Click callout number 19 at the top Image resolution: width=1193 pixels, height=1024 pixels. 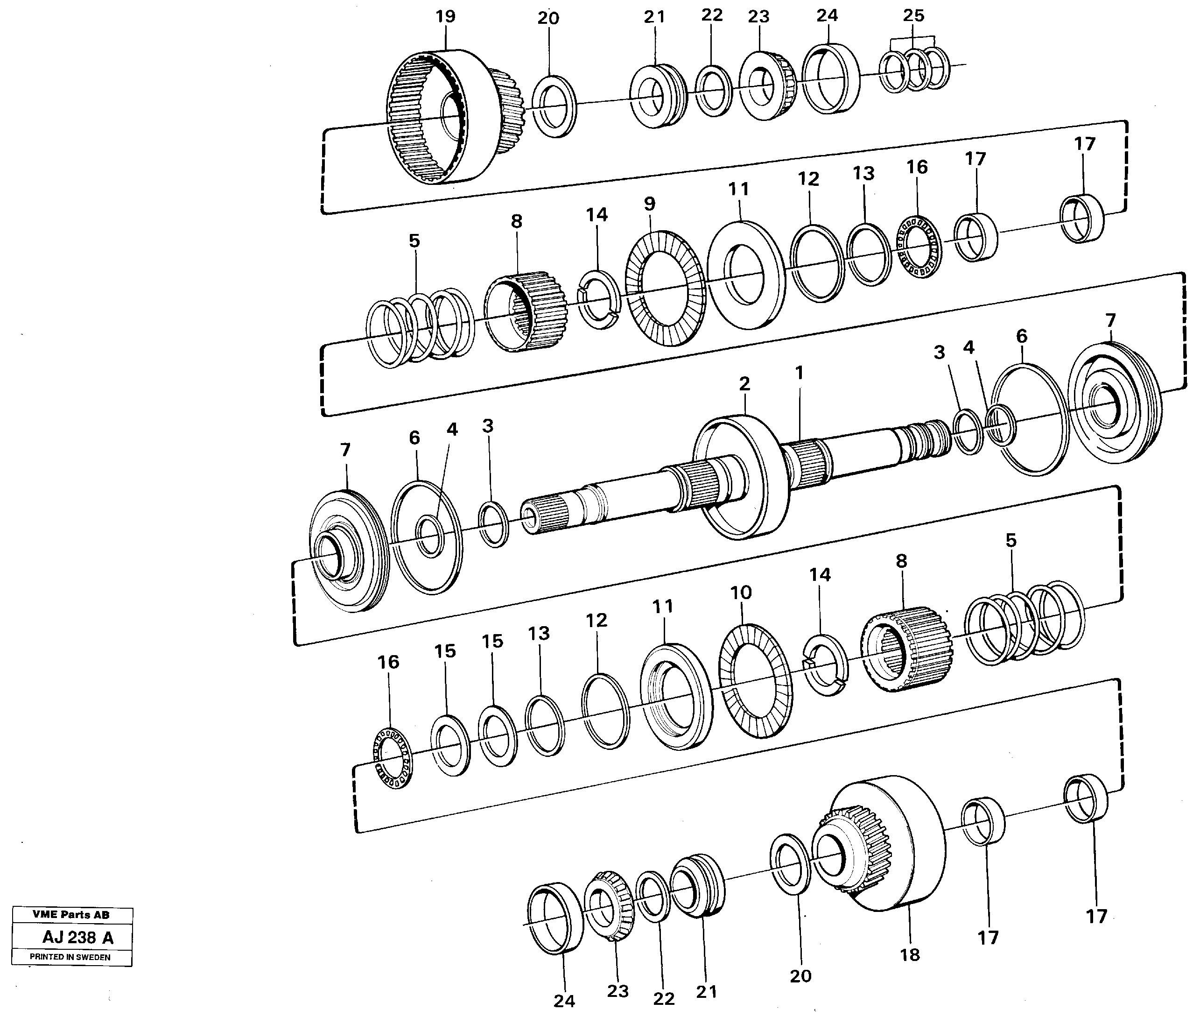[x=445, y=17]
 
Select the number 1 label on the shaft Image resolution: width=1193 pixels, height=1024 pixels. [x=799, y=373]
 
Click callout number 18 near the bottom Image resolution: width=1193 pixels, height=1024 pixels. [x=910, y=955]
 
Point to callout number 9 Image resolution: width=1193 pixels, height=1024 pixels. [x=649, y=204]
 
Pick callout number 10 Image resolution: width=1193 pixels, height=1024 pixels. [x=741, y=593]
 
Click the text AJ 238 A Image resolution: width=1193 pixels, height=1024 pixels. [x=78, y=938]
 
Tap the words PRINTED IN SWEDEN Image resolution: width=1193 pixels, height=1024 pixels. [x=70, y=957]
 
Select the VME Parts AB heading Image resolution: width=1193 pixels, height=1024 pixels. [x=71, y=915]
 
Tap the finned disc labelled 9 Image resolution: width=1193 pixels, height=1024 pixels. [x=666, y=288]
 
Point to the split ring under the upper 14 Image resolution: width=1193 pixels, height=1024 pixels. [x=599, y=299]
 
